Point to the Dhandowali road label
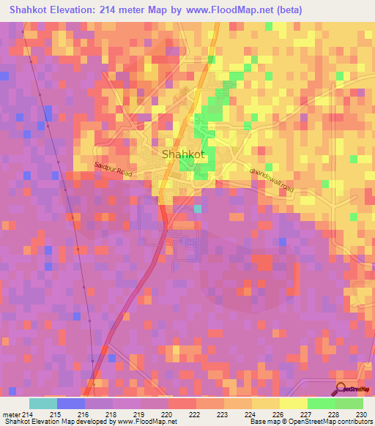pos(272,179)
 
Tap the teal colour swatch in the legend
pos(43,403)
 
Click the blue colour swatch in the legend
pos(71,403)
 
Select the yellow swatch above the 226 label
pos(266,403)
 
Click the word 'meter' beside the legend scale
pos(10,415)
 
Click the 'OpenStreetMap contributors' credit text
pos(337,422)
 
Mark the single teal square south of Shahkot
pos(198,209)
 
